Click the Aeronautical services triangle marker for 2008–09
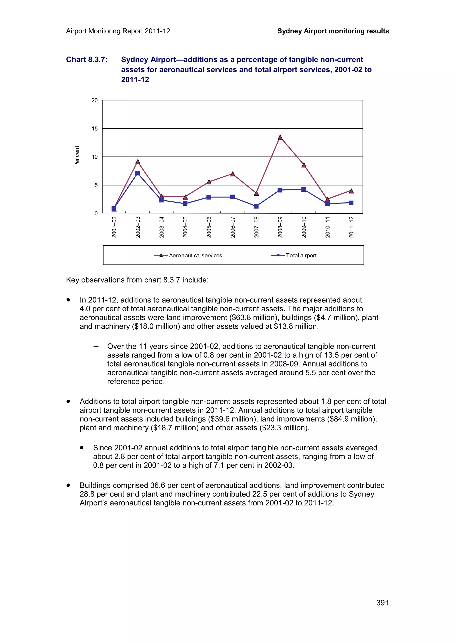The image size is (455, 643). (280, 137)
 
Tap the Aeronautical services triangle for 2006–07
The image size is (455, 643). (232, 174)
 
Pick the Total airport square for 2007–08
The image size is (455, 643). (256, 206)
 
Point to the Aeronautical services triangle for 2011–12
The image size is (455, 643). (351, 191)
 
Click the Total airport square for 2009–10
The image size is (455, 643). (304, 190)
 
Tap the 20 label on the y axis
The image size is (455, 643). (95, 100)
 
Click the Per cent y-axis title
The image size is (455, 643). (77, 156)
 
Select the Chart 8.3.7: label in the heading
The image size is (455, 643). (87, 60)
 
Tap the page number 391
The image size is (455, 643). (382, 603)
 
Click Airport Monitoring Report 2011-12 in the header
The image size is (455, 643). (118, 31)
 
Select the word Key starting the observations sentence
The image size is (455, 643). (73, 280)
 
